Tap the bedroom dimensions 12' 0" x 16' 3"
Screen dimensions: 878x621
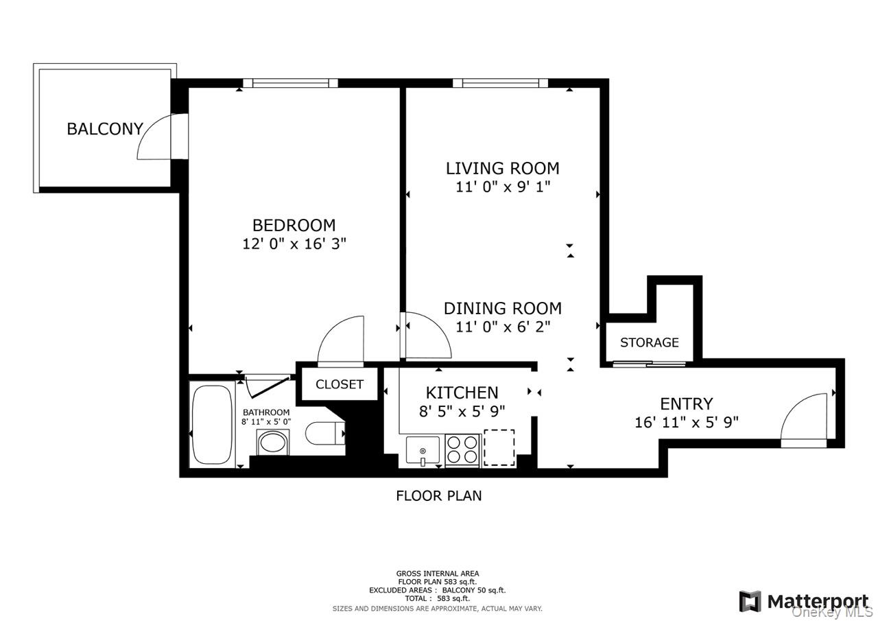[x=294, y=244]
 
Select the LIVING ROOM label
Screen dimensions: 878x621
[x=503, y=168]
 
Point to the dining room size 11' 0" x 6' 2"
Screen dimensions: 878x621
[x=503, y=327]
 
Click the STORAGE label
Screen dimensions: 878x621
[x=649, y=342]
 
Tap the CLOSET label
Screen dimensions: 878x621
[x=340, y=384]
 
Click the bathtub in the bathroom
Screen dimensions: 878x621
[x=212, y=425]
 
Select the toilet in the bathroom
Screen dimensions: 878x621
[x=325, y=433]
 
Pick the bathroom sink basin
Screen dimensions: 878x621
[x=273, y=443]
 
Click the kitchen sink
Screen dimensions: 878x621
[x=423, y=449]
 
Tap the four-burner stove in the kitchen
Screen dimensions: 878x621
[x=462, y=449]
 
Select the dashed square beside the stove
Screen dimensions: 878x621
[x=499, y=447]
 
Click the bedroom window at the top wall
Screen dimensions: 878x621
[x=290, y=83]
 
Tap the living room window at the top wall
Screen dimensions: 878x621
[x=501, y=83]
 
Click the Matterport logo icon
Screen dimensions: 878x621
[x=750, y=601]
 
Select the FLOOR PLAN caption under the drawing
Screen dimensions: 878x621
[x=438, y=496]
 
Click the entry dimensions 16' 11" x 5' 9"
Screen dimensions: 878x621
[x=687, y=422]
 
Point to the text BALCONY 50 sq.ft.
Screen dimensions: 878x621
[x=474, y=590]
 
